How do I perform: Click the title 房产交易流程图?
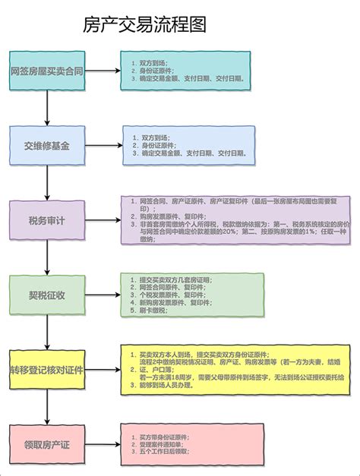pyautogui.click(x=144, y=24)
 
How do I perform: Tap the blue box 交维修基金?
pyautogui.click(x=47, y=146)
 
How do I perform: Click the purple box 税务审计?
pyautogui.click(x=47, y=220)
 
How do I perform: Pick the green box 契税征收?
pyautogui.click(x=47, y=292)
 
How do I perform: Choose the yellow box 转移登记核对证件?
pyautogui.click(x=46, y=370)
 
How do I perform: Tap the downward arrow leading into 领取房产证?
pyautogui.click(x=47, y=408)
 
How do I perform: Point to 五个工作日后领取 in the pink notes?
pyautogui.click(x=163, y=452)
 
